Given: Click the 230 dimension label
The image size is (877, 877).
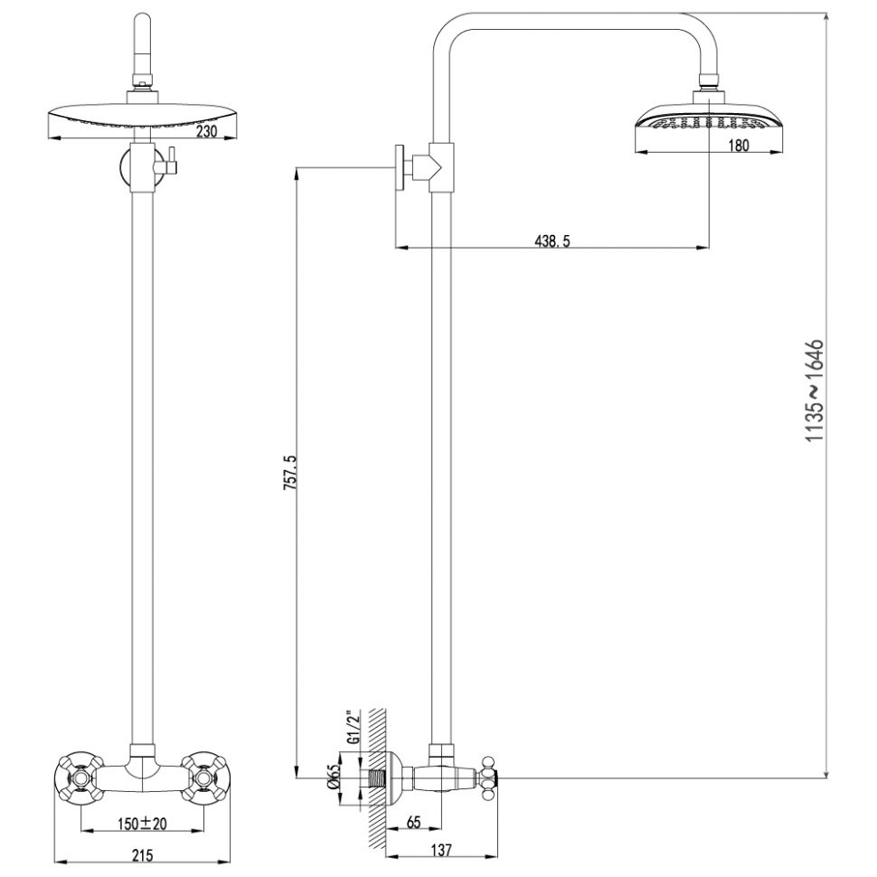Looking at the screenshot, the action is (206, 131).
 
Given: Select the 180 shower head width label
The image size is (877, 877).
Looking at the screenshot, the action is (739, 146).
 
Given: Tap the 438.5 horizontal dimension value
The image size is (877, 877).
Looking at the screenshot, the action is (552, 241).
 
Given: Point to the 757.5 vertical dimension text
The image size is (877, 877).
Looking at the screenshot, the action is (289, 473).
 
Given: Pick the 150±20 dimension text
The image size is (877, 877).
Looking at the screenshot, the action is (142, 824).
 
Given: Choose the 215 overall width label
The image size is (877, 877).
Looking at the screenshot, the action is (142, 855).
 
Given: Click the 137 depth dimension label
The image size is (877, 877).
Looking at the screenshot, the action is (441, 850).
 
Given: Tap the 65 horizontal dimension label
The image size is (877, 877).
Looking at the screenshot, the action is (413, 822).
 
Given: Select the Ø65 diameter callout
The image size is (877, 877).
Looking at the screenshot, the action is (335, 777).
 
